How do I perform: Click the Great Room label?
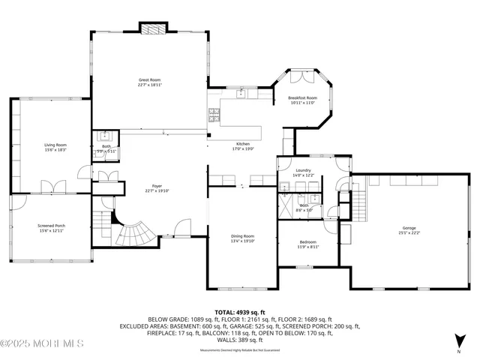[149, 79]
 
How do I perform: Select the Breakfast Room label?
[303, 98]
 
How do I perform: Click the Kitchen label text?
[243, 143]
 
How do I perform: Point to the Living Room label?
[55, 145]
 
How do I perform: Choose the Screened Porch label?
[52, 226]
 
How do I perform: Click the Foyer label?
[136, 185]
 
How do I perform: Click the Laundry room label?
[303, 170]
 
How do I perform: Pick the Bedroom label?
[307, 241]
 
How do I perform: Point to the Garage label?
[409, 227]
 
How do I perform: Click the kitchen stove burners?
[213, 115]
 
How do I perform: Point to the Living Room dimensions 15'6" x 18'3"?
[55, 150]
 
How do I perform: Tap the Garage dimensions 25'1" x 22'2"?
[409, 232]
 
